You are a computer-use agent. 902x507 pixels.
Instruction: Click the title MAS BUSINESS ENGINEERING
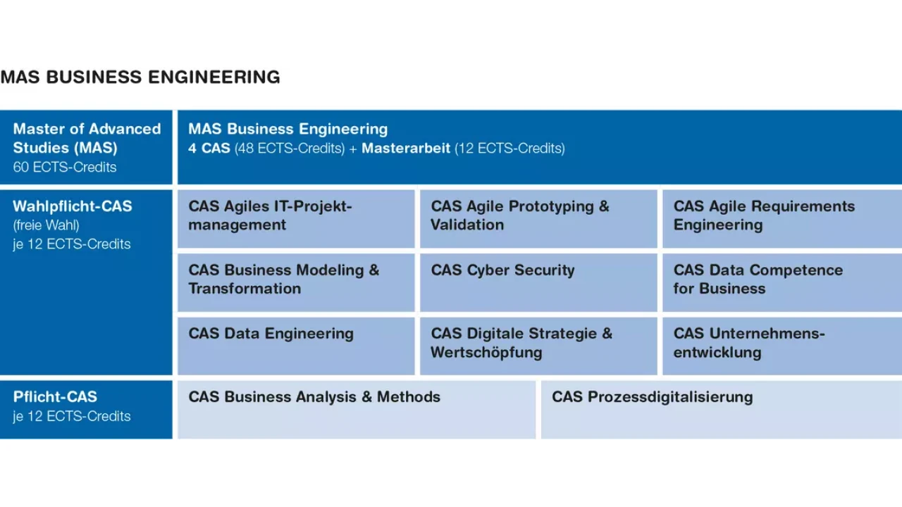pyautogui.click(x=140, y=77)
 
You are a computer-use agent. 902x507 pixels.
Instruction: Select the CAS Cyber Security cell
pyautogui.click(x=538, y=282)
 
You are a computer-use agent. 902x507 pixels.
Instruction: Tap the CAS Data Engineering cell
pyautogui.click(x=296, y=346)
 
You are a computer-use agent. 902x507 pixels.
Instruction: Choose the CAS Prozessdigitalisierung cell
pyautogui.click(x=722, y=410)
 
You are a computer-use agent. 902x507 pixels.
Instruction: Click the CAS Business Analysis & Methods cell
pyautogui.click(x=357, y=410)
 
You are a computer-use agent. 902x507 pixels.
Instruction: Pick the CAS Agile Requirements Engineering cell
pyautogui.click(x=782, y=219)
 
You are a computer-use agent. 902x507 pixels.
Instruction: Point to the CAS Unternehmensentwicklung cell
pyautogui.click(x=782, y=346)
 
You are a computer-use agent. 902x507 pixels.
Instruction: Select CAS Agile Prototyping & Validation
pyautogui.click(x=538, y=219)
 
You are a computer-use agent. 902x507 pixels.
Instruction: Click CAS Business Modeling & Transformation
pyautogui.click(x=296, y=282)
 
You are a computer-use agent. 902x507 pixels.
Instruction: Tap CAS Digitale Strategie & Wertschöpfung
pyautogui.click(x=538, y=346)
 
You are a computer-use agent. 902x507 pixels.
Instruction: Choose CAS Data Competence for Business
pyautogui.click(x=782, y=282)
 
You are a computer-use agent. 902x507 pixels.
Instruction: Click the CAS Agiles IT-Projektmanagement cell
pyautogui.click(x=296, y=219)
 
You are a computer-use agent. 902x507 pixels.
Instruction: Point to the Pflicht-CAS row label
pyautogui.click(x=55, y=396)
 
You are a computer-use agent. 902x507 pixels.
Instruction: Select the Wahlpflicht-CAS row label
pyautogui.click(x=73, y=206)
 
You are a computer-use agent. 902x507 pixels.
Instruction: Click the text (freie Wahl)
pyautogui.click(x=46, y=225)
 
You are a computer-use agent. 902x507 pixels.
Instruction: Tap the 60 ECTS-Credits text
pyautogui.click(x=64, y=167)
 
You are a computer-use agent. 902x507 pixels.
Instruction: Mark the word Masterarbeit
pyautogui.click(x=406, y=148)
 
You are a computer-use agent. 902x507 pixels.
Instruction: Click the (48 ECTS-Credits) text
pyautogui.click(x=290, y=148)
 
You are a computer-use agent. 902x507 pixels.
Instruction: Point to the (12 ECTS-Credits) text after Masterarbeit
pyautogui.click(x=509, y=148)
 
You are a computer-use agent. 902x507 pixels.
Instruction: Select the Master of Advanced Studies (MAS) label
pyautogui.click(x=87, y=138)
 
